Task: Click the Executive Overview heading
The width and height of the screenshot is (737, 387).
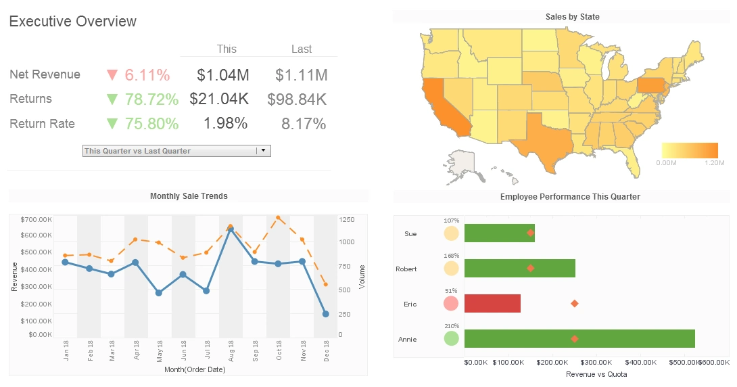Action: [x=73, y=22]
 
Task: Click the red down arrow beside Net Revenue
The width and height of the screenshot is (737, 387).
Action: [x=112, y=74]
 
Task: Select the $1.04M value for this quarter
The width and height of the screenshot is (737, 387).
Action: [x=222, y=74]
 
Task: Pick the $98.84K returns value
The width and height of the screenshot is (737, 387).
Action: [x=297, y=99]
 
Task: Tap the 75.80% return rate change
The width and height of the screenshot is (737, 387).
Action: [x=151, y=124]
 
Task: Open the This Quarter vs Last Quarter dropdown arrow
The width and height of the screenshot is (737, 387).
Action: [x=263, y=151]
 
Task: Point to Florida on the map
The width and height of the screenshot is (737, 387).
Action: [x=632, y=159]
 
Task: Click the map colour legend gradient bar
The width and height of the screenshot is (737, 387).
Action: [x=690, y=150]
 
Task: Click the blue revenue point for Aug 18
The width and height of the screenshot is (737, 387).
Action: [x=231, y=230]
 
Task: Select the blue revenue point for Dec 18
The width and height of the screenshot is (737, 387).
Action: [x=325, y=314]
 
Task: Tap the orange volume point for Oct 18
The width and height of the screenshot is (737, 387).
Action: [x=278, y=218]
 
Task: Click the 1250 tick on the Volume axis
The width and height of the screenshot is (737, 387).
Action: [x=347, y=220]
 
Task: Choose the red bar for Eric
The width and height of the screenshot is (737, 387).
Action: [x=492, y=304]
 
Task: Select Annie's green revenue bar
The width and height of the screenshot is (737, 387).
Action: [x=579, y=339]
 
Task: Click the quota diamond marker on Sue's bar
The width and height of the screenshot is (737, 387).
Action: [x=531, y=233]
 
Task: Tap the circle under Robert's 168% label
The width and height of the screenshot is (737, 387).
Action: [x=451, y=269]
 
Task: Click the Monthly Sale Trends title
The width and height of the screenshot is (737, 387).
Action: [x=189, y=196]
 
